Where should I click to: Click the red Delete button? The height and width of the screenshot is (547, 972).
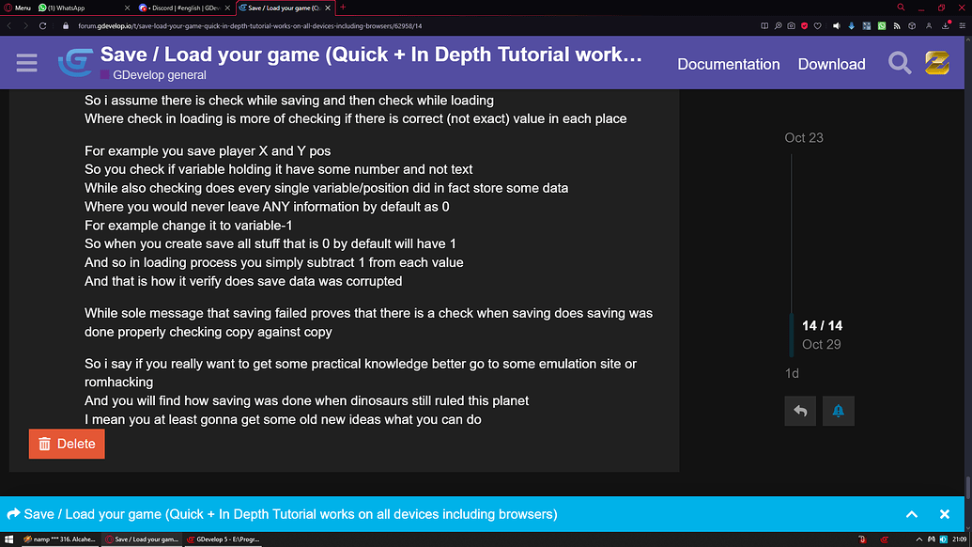pyautogui.click(x=67, y=444)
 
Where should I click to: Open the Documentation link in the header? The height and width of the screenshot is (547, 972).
pyautogui.click(x=729, y=64)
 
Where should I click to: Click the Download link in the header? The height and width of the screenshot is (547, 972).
pyautogui.click(x=831, y=64)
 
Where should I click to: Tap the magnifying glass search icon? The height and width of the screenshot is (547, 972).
pyautogui.click(x=900, y=63)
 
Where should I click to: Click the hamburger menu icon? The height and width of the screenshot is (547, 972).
pyautogui.click(x=26, y=63)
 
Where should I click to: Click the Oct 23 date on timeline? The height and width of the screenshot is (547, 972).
pyautogui.click(x=804, y=137)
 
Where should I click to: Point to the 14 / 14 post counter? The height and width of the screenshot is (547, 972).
pyautogui.click(x=822, y=325)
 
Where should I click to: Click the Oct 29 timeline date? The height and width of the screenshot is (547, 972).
pyautogui.click(x=821, y=344)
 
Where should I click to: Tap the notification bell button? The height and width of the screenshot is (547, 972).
pyautogui.click(x=838, y=411)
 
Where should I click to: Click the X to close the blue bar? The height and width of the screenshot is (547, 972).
pyautogui.click(x=945, y=514)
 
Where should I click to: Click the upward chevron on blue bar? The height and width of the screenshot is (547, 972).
pyautogui.click(x=911, y=514)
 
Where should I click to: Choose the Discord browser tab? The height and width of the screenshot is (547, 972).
pyautogui.click(x=183, y=8)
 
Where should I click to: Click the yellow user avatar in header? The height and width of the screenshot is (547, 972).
pyautogui.click(x=937, y=63)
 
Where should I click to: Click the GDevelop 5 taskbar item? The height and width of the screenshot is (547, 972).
pyautogui.click(x=224, y=539)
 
